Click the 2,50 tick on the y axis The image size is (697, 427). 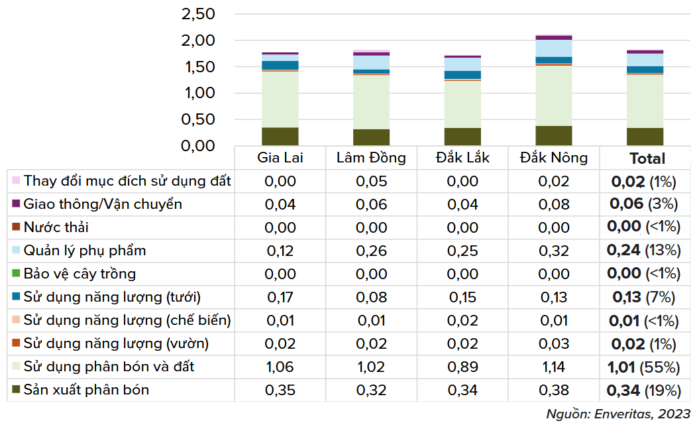(197, 14)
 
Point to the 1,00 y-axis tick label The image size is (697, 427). (197, 93)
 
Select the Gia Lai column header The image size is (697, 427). (280, 158)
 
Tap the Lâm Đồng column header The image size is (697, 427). (371, 158)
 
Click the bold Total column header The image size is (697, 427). (647, 158)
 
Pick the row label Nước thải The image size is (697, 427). (56, 227)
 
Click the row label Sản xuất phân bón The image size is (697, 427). (86, 390)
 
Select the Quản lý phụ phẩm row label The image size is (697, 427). (85, 251)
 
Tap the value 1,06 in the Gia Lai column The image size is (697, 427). (280, 367)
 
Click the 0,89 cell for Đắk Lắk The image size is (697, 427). (462, 367)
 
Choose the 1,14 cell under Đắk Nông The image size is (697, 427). (554, 367)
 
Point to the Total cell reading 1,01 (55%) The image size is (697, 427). (645, 367)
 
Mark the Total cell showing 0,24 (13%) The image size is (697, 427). (645, 251)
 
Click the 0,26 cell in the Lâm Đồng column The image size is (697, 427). (371, 251)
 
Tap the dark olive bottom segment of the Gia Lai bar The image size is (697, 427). (280, 136)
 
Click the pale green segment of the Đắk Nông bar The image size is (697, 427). (554, 95)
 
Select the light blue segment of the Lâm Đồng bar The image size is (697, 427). (371, 62)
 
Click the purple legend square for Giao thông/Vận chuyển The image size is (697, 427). (16, 204)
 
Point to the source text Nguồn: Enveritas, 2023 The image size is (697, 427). (618, 414)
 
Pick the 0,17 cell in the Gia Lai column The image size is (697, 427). (280, 297)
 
